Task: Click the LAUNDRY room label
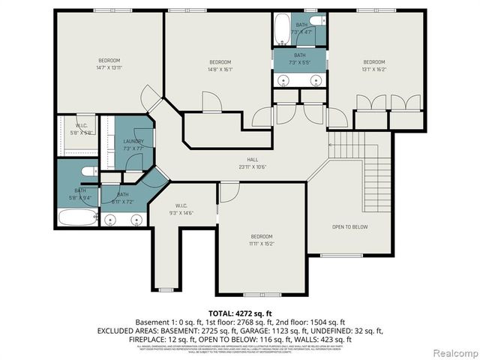point(133,141)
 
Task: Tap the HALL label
point(253,159)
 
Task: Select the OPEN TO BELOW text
point(349,226)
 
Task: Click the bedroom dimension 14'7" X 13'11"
point(109,68)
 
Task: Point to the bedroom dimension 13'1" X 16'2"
point(373,69)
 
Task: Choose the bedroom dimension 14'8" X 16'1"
point(220,69)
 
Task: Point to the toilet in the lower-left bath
point(88,171)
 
